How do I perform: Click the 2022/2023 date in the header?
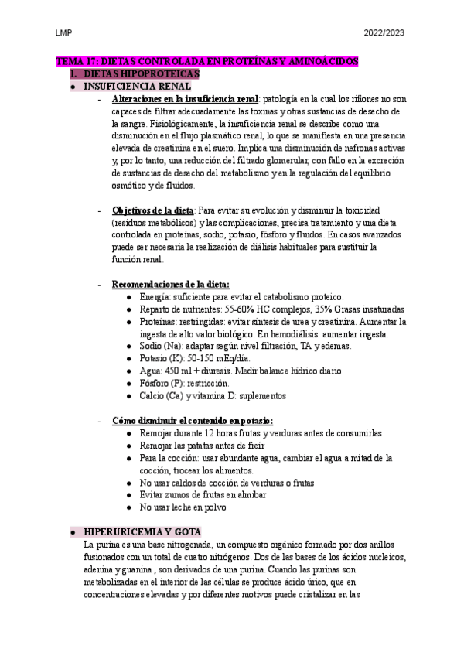(384, 32)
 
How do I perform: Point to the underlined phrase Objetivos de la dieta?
(153, 210)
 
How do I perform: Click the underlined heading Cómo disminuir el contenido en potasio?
(192, 421)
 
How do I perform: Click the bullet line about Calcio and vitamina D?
(213, 396)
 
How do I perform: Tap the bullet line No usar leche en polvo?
(187, 507)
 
